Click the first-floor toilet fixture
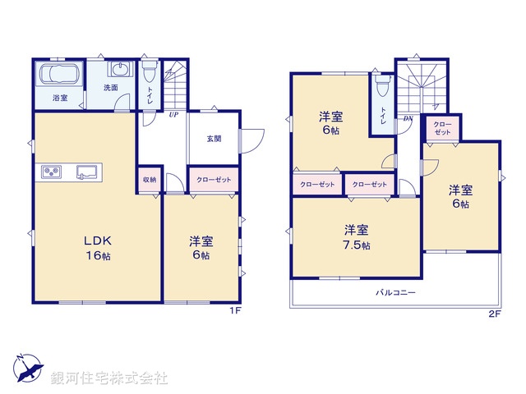pos(150,72)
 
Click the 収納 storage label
pos(149,180)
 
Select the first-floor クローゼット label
pos(215,180)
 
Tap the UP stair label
pos(173,115)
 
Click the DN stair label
pos(408,117)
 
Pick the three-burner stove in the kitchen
pos(53,172)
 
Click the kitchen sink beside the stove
pos(87,172)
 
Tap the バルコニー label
pos(396,292)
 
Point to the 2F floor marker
pos(494,313)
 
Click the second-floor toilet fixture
pos(382,86)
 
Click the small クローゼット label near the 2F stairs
pos(441,128)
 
